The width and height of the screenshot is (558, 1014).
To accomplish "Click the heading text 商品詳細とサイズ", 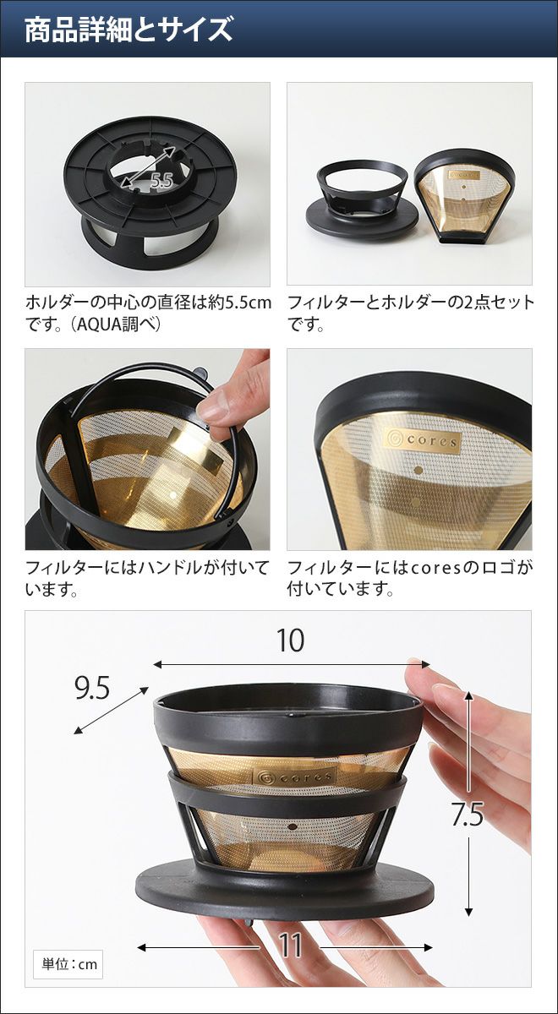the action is pyautogui.click(x=129, y=30).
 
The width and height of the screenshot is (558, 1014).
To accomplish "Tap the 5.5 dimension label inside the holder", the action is pyautogui.click(x=161, y=181).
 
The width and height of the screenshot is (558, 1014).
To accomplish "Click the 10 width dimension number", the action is pyautogui.click(x=290, y=641).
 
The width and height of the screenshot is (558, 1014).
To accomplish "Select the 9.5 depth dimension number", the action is pyautogui.click(x=92, y=689).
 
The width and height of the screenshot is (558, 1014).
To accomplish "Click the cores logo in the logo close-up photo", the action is pyautogui.click(x=422, y=440).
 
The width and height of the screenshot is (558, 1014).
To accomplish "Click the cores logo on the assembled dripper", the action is pyautogui.click(x=294, y=777).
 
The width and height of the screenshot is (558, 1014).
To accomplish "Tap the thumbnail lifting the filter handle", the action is pyautogui.click(x=147, y=449).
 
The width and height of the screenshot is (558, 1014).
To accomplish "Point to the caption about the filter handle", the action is pyautogui.click(x=147, y=578).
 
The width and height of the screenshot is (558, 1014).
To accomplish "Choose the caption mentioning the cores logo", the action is pyautogui.click(x=410, y=578).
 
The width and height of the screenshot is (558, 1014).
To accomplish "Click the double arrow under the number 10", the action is pyautogui.click(x=291, y=664).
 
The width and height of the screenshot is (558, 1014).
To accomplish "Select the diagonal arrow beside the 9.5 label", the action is pyautogui.click(x=111, y=710).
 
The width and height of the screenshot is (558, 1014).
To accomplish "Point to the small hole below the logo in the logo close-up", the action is pyautogui.click(x=419, y=470).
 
